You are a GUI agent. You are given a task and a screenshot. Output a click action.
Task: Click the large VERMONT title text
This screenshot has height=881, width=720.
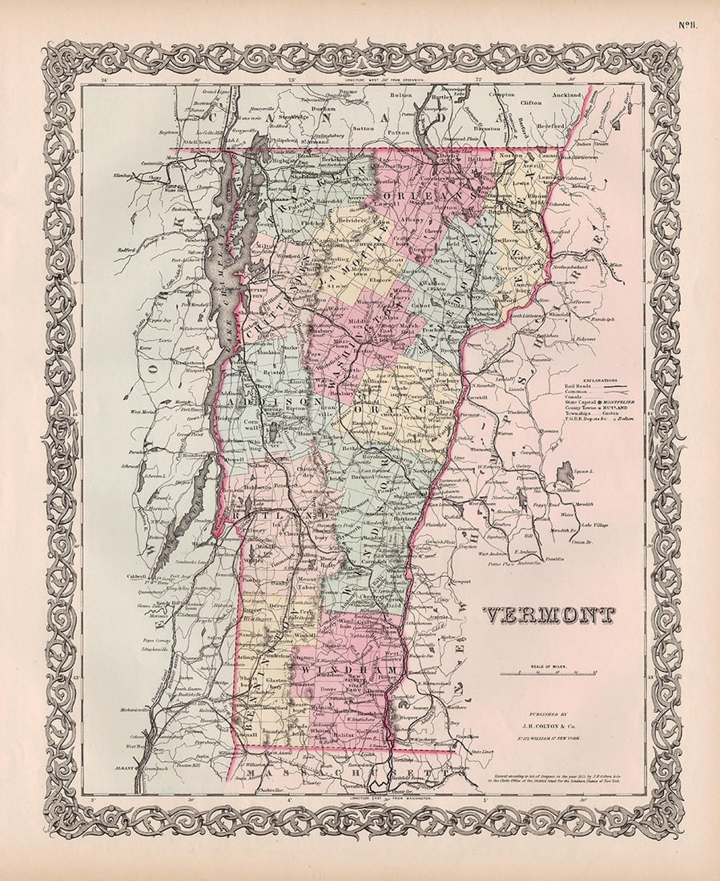(549, 615)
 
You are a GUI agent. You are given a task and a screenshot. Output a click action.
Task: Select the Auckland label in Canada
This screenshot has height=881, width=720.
(567, 103)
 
